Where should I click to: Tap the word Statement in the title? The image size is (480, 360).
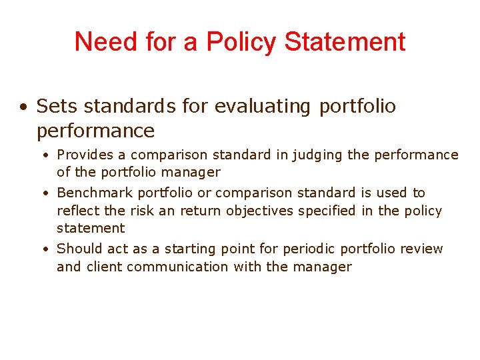coord(345,41)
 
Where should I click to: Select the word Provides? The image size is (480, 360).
coord(85,155)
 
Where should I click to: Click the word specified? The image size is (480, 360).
coord(326,211)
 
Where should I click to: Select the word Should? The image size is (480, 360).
coord(78,249)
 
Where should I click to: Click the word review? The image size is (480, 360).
coord(422,249)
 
